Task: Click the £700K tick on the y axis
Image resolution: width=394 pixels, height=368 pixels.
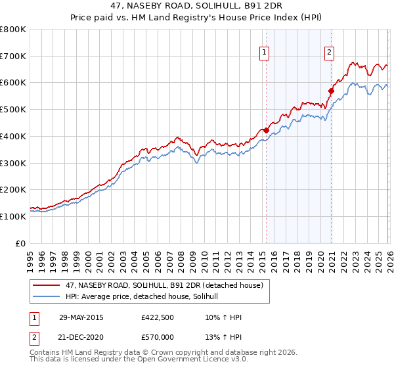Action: pyautogui.click(x=13, y=57)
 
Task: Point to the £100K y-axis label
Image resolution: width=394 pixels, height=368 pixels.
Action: pyautogui.click(x=13, y=216)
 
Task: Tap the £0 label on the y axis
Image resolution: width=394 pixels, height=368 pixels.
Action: pyautogui.click(x=21, y=243)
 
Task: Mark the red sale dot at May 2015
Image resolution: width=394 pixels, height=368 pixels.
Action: pyautogui.click(x=266, y=130)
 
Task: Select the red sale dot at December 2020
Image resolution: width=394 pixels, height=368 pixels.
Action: pyautogui.click(x=331, y=91)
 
